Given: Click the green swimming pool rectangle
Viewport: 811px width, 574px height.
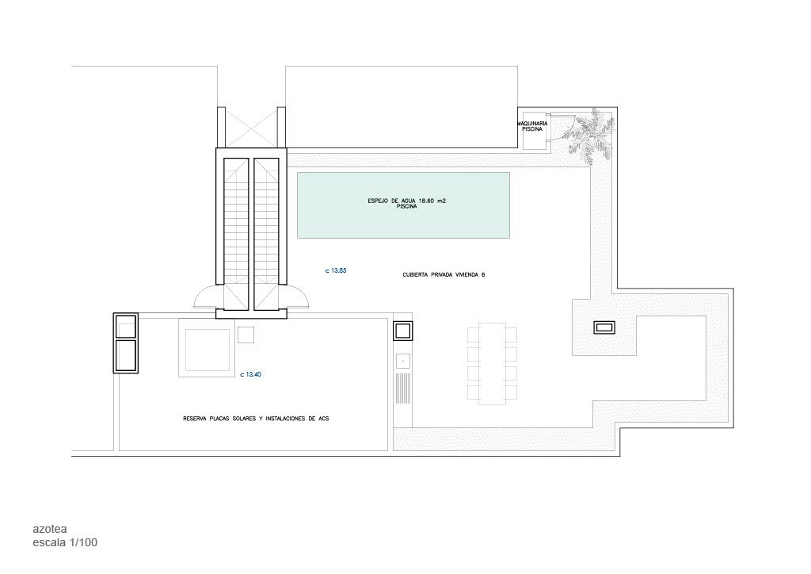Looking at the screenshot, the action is [x=403, y=205].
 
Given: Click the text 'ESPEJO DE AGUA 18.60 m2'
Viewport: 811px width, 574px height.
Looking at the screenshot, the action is [x=406, y=201].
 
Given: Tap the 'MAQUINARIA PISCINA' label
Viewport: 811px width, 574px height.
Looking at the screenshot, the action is [x=533, y=126].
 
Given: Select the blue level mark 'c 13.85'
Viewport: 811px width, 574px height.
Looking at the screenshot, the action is [x=336, y=270].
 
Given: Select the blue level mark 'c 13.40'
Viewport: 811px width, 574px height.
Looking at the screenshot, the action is [x=251, y=374].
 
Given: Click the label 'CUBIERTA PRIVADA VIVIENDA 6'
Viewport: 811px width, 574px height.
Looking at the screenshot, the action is [x=444, y=275].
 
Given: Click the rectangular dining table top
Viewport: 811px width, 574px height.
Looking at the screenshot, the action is [x=493, y=363].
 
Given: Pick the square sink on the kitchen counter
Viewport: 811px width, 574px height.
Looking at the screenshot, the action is [x=403, y=360].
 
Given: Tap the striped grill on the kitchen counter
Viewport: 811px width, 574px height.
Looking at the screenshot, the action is [x=403, y=388].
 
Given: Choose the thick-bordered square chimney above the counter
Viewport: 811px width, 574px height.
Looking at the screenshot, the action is [x=403, y=331].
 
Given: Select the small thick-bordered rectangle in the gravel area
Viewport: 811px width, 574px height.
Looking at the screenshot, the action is [x=604, y=327].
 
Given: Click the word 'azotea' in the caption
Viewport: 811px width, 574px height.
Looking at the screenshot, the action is [x=50, y=529].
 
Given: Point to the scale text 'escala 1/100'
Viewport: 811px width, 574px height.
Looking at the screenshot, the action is [x=65, y=542].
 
